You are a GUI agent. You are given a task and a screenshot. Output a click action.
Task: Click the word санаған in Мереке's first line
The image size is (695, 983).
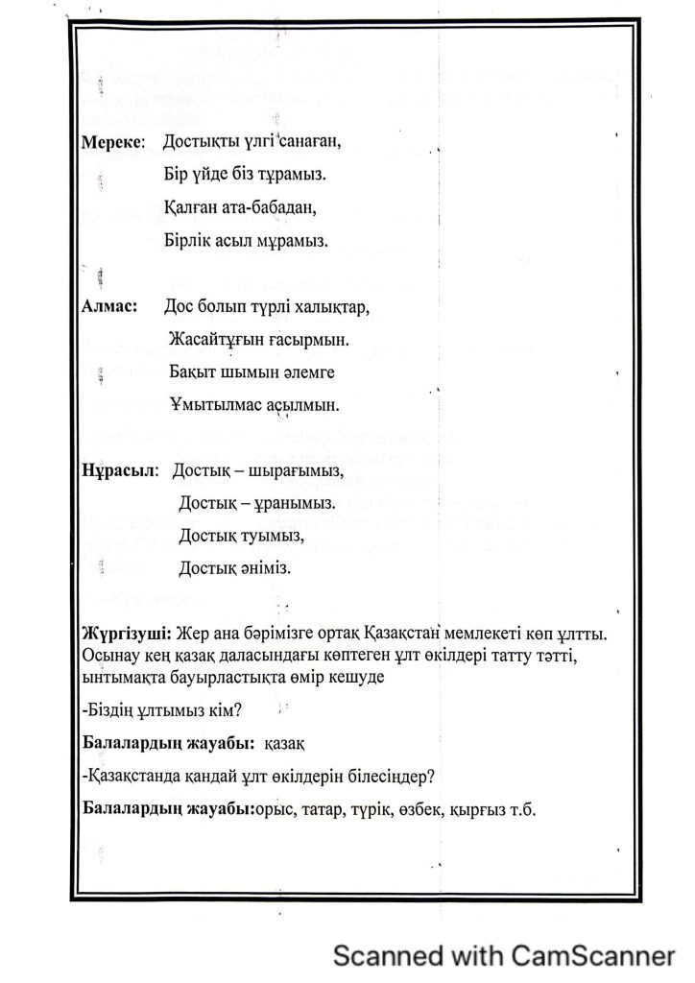click(306, 143)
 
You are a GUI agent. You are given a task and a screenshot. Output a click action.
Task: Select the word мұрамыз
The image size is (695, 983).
click(291, 241)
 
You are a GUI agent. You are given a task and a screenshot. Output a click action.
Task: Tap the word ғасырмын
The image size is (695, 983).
click(304, 339)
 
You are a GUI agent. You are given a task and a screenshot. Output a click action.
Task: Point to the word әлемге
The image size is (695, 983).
click(306, 372)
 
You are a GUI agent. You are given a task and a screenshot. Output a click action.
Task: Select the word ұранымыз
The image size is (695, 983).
click(286, 502)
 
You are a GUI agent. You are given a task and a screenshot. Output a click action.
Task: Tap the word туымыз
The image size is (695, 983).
click(272, 535)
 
